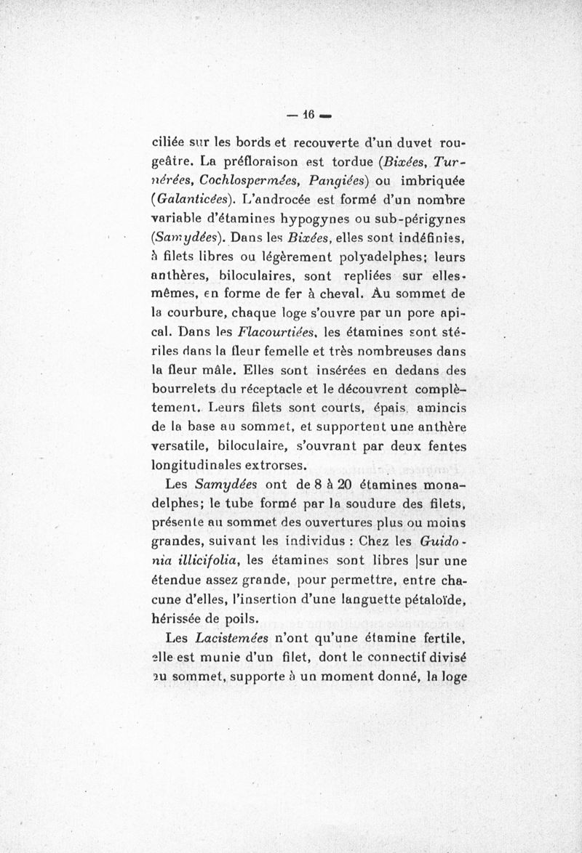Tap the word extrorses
point(279,466)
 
